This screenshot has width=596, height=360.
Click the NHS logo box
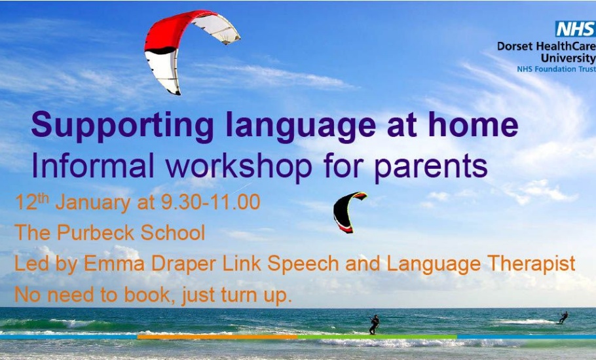(x=576, y=29)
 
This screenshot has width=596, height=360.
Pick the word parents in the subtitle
(x=431, y=167)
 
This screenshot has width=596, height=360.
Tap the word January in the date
(x=93, y=202)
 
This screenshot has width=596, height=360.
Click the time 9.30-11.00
(x=211, y=202)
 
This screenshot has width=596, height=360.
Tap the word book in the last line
(x=149, y=295)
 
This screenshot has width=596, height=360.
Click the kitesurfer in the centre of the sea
(x=374, y=325)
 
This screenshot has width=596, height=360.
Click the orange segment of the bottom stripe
(x=217, y=337)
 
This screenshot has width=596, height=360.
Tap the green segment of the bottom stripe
(x=377, y=337)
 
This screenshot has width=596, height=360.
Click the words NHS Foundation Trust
(x=556, y=69)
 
